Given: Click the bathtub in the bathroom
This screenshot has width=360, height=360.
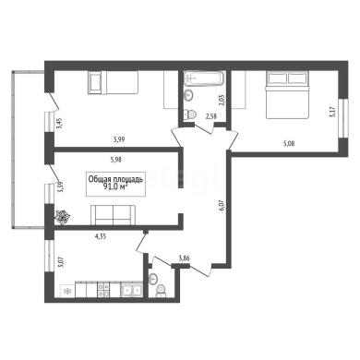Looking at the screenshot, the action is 203,78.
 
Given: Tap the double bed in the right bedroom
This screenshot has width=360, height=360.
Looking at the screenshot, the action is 287,95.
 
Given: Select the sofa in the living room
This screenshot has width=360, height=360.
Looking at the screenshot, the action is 113,215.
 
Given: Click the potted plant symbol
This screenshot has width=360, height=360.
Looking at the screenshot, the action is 63,217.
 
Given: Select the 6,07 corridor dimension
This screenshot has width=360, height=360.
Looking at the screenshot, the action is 223,205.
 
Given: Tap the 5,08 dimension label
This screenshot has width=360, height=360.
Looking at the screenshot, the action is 288,143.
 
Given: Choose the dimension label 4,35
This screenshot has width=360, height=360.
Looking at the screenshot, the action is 101,236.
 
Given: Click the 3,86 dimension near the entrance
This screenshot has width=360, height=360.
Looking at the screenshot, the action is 184,258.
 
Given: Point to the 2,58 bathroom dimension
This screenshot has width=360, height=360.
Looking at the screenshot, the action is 210,117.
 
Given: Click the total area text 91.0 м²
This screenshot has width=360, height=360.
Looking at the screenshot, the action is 115,187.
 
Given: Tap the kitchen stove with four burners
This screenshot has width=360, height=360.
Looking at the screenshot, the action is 103,290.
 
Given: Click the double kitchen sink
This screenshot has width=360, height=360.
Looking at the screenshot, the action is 131,290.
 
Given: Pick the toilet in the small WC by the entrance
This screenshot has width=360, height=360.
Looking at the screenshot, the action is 161,291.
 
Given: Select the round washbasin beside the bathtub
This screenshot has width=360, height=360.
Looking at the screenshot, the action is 188,94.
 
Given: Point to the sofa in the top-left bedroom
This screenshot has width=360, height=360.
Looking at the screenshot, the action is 113,82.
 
